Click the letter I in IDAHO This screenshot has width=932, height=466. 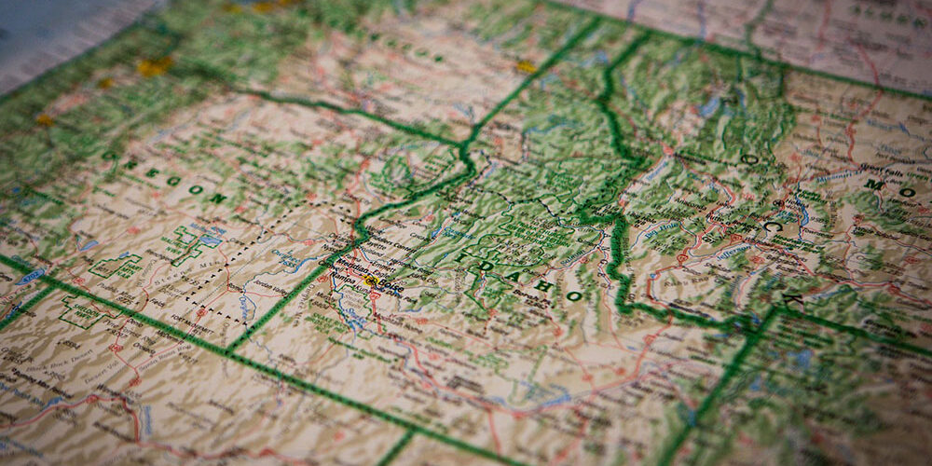(x=463, y=249)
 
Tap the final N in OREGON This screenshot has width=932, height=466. (x=220, y=198)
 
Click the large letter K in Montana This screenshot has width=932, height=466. (x=792, y=300)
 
